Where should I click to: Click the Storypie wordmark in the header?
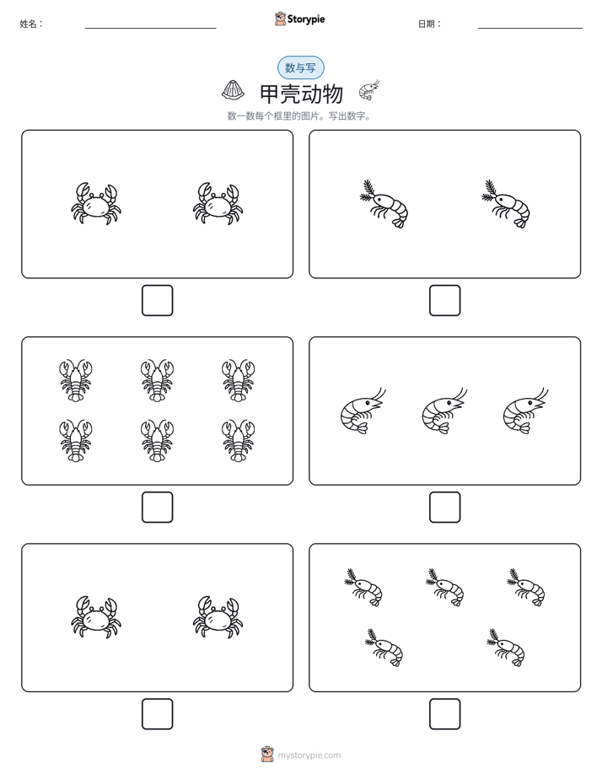point(306,19)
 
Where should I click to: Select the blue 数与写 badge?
point(300,67)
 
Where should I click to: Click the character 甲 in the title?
point(270,94)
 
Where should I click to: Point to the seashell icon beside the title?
point(233,89)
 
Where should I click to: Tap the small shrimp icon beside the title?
point(369,90)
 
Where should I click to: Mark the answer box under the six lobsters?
point(158,508)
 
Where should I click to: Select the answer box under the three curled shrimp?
point(444,508)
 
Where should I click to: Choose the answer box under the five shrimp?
point(444,714)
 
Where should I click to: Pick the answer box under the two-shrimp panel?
point(444,301)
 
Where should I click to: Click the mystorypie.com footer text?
point(309,755)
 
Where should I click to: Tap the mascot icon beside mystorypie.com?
point(267,755)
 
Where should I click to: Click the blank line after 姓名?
point(150,29)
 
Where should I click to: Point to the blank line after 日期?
point(530,29)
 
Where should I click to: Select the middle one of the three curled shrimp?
point(444,411)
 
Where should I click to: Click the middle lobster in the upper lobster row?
point(157,381)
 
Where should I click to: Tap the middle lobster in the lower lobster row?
point(157,441)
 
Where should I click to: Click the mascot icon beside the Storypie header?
point(280,19)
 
